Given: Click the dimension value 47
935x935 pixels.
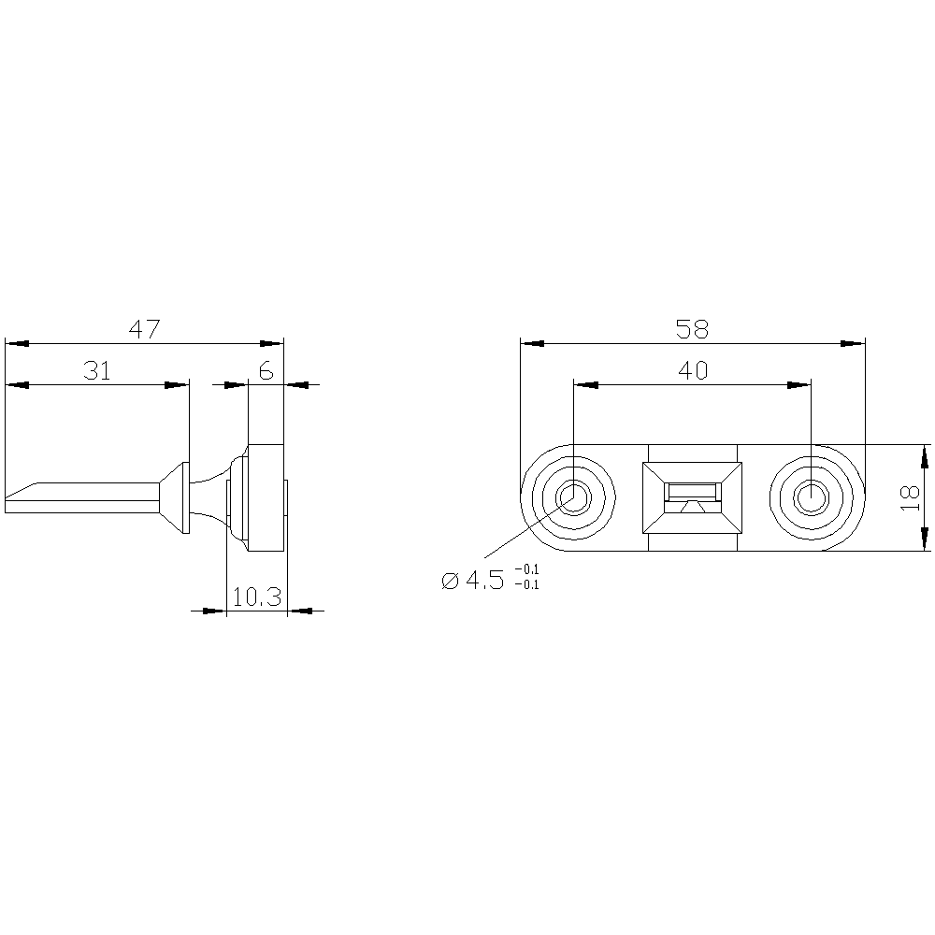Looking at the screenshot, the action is coord(145,329).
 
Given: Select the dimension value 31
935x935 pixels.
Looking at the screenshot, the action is coord(97,371).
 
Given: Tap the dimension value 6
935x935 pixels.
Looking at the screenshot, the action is coord(266,371).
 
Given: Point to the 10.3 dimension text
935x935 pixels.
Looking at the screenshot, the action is coord(256,597).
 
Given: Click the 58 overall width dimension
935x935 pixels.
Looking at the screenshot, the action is coord(692,329).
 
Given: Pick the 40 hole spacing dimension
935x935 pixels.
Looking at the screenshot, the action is coord(693,371).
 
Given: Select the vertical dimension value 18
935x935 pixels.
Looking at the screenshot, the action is coord(911,497).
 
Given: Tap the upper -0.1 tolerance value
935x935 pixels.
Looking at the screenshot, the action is coord(526,569).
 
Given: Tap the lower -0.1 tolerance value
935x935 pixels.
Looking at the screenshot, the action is coord(526,585).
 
